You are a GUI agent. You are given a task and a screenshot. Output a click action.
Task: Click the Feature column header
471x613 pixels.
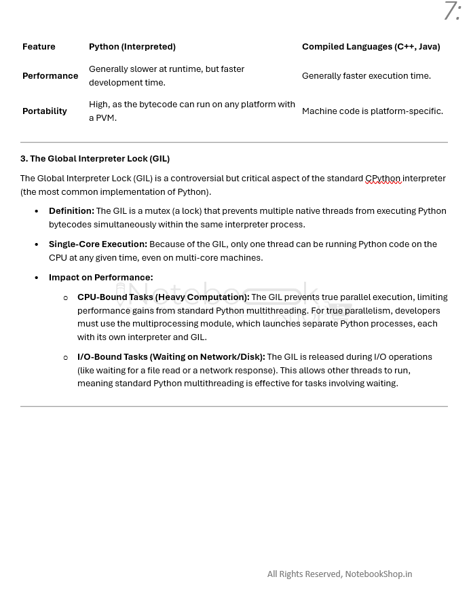pyautogui.click(x=39, y=47)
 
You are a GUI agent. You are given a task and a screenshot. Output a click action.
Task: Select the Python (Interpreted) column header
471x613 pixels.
pyautogui.click(x=132, y=47)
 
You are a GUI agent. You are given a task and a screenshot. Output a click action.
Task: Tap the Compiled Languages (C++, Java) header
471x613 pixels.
pyautogui.click(x=371, y=47)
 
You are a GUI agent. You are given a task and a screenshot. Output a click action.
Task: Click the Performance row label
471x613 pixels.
pyautogui.click(x=50, y=76)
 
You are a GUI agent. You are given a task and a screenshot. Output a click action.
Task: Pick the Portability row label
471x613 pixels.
pyautogui.click(x=45, y=111)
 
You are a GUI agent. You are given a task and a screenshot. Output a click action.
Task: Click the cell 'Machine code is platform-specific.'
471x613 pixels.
pyautogui.click(x=372, y=111)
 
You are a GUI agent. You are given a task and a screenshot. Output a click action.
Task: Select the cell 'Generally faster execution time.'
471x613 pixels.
pyautogui.click(x=366, y=76)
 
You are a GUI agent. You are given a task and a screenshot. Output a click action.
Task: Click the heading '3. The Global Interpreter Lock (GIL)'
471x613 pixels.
pyautogui.click(x=95, y=159)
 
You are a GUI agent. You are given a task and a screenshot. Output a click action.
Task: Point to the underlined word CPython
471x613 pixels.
pyautogui.click(x=383, y=179)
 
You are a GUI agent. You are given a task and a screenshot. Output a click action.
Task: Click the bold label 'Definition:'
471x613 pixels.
pyautogui.click(x=71, y=211)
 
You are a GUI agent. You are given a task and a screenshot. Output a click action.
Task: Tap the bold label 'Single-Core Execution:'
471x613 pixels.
pyautogui.click(x=98, y=244)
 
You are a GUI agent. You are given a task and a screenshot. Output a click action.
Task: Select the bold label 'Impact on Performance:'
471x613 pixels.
pyautogui.click(x=100, y=278)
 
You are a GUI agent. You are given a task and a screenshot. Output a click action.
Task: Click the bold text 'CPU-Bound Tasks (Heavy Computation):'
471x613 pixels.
pyautogui.click(x=163, y=297)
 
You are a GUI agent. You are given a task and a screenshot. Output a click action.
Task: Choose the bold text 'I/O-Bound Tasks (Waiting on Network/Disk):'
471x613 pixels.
pyautogui.click(x=171, y=357)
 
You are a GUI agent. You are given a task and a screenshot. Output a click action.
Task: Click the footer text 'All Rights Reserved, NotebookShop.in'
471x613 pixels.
pyautogui.click(x=339, y=574)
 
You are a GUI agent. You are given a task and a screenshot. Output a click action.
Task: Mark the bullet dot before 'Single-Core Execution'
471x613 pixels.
pyautogui.click(x=37, y=244)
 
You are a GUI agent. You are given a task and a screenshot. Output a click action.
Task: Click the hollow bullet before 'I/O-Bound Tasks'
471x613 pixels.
pyautogui.click(x=66, y=358)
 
